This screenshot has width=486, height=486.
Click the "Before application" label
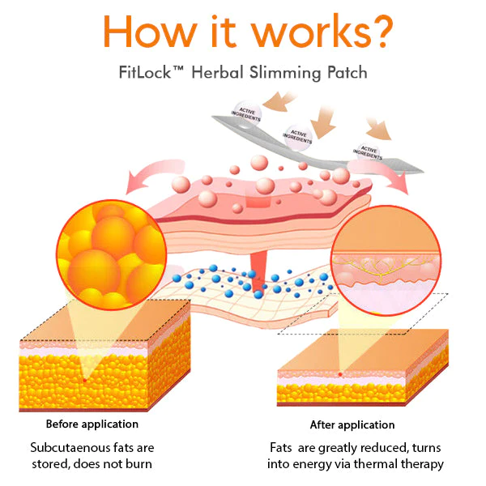92,424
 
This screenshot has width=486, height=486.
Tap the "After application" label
352,424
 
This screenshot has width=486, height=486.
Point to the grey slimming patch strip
324,146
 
